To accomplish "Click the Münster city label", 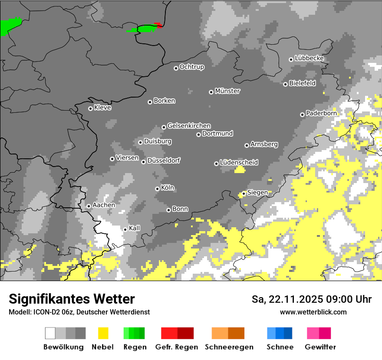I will coord(227,91).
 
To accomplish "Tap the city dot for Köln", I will coord(157,189).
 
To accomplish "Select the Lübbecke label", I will coord(309,58).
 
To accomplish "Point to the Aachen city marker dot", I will coord(89,206).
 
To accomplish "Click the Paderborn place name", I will coord(321,113).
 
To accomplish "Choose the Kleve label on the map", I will coord(102,108).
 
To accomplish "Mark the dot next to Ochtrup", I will coord(176,68).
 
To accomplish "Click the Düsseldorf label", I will coord(164,160).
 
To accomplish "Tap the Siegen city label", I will coord(257,193).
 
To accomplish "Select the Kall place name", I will coord(135,228).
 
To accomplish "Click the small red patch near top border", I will coord(159,25).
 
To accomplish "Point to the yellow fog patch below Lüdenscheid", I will coord(240,170).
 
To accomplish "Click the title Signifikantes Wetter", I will coord(72,299).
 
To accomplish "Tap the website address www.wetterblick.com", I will coord(313,312).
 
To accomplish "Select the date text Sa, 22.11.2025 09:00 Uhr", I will coord(311,299).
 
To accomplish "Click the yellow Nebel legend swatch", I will coord(103,333).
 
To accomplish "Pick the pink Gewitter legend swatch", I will coord(313,333).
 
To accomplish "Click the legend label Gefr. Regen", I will coord(177,347).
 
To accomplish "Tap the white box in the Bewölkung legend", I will coord(50,333).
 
